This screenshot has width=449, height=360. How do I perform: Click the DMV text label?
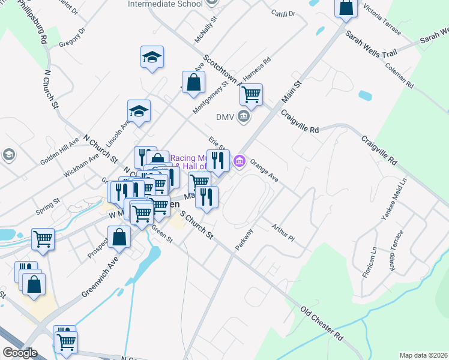[x=224, y=116]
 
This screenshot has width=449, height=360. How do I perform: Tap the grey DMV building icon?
[x=243, y=116]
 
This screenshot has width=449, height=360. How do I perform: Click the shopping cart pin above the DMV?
[x=251, y=94]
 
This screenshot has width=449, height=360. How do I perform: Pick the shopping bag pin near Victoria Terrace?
[x=346, y=8]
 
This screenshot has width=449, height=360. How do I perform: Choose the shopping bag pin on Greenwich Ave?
[x=119, y=236]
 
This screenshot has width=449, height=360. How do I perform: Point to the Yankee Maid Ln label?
[x=394, y=198]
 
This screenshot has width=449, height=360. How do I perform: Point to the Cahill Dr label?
[x=284, y=13]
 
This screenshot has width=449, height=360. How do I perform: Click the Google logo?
[x=19, y=353]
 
